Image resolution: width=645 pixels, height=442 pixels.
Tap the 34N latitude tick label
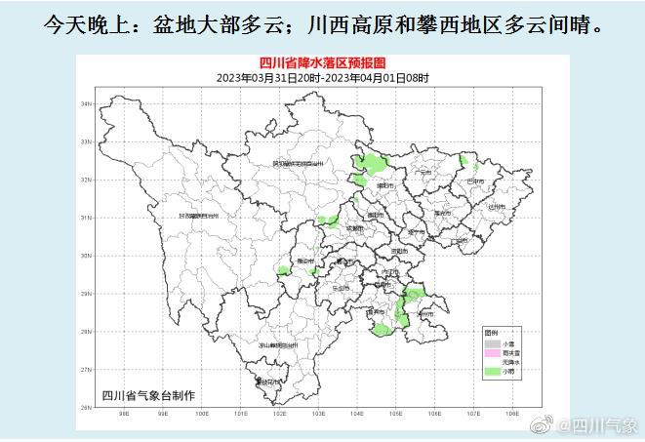click(85, 103)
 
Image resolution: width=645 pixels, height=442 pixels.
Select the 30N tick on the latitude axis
click(85, 256)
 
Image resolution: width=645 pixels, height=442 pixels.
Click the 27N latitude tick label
click(85, 370)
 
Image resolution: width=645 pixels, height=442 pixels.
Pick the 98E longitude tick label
click(124, 414)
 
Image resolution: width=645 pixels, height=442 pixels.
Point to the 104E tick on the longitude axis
click(356, 414)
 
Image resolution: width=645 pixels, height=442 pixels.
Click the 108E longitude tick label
click(511, 414)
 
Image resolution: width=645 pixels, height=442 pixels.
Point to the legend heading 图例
click(492, 334)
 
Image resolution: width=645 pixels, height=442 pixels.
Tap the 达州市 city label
click(496, 206)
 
